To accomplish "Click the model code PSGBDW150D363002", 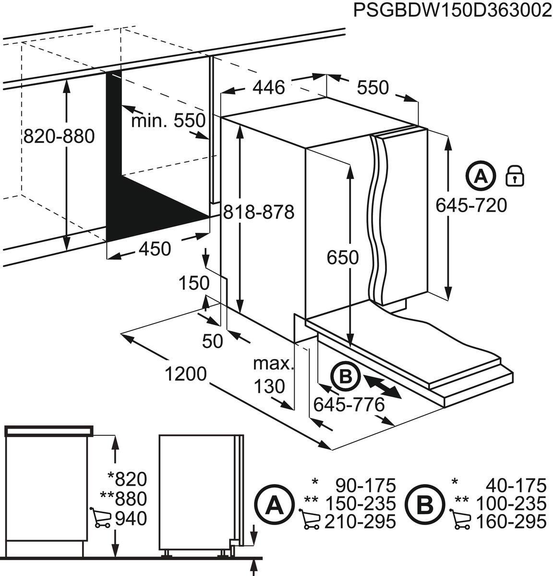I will coord(453,10).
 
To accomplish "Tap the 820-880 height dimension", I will coord(59,137).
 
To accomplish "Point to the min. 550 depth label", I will coord(168,120).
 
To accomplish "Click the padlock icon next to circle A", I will coord(515,176).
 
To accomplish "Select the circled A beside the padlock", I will coord(479,176).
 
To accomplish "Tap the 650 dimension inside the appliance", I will coord(342,258).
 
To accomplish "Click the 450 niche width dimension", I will coord(155,249).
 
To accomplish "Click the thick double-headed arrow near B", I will coord(383,386).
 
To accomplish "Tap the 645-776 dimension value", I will coord(349,405).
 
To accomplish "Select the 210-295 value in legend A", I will coord(360,521).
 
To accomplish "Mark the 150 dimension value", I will coord(194,283).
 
